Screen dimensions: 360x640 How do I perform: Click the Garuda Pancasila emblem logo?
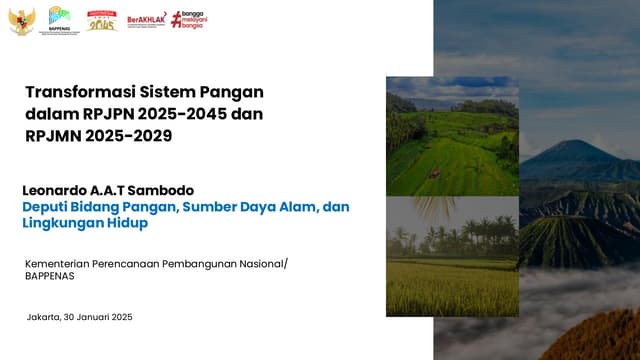click(x=22, y=21)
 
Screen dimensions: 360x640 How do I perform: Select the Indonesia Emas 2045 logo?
click(x=101, y=20)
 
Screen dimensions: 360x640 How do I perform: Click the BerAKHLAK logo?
click(x=146, y=21)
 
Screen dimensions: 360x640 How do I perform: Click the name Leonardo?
click(x=61, y=190)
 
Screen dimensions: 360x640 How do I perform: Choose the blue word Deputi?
click(x=48, y=207)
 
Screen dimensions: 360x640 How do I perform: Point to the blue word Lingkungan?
click(x=64, y=224)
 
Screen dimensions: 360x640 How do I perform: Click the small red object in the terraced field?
click(x=436, y=173)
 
